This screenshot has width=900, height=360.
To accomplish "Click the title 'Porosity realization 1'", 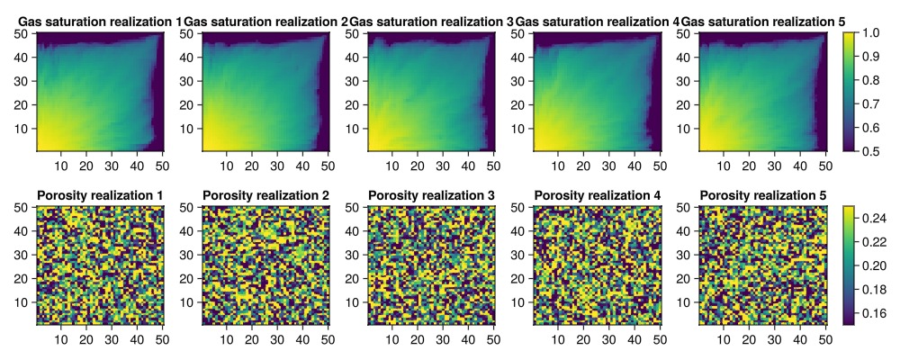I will pos(100,195).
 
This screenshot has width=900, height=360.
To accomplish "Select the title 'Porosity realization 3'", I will pos(431,195).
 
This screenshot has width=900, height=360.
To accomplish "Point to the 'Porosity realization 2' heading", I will pos(265,195).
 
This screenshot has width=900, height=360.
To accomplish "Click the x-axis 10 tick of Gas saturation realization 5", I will pos(724,166).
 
